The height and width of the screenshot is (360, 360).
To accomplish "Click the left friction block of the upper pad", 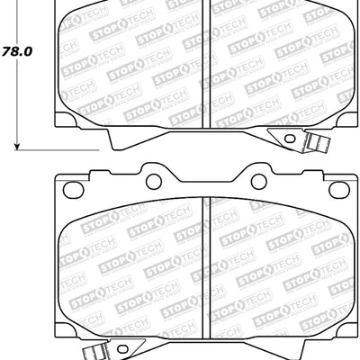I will (130, 63).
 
